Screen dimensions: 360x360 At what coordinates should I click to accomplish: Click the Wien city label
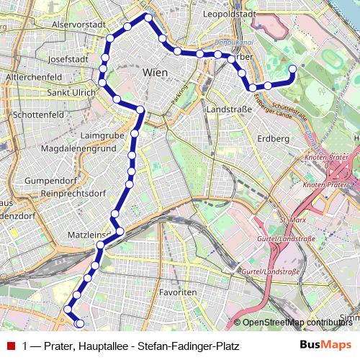coord(156,73)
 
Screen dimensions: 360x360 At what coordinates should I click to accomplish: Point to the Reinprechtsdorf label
coord(74,194)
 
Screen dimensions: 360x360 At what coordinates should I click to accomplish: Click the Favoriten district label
coord(177,293)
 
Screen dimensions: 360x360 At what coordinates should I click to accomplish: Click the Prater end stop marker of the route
coord(293,69)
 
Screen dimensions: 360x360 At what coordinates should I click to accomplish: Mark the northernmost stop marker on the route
coord(148,17)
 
